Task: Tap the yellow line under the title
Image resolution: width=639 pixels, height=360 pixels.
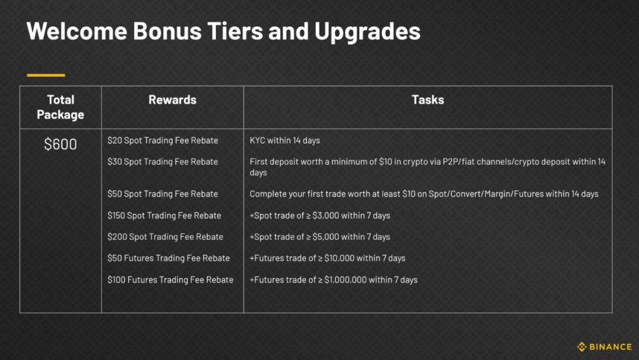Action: pos(46,75)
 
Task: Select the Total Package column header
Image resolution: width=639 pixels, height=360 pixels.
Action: pos(61,107)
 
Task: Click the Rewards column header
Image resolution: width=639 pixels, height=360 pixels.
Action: pos(172,100)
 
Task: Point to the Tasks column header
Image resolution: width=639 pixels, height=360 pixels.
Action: pos(428,100)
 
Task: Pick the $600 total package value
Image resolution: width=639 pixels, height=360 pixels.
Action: pos(61,144)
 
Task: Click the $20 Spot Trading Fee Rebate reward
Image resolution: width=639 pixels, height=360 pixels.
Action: pos(163,140)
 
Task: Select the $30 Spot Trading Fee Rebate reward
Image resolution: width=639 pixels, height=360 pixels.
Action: pos(163,162)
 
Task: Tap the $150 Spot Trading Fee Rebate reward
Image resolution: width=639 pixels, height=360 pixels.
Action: pos(164,215)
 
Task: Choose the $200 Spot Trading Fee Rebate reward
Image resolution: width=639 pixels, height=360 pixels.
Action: pos(165,236)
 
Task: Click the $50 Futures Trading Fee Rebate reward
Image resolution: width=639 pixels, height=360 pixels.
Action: pos(168,258)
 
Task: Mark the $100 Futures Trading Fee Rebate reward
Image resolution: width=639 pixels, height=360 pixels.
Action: pos(170,280)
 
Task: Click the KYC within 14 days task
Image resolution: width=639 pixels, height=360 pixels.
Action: pos(285,140)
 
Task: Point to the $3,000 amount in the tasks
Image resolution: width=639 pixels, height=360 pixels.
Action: pos(325,215)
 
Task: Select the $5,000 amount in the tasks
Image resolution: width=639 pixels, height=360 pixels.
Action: pos(325,236)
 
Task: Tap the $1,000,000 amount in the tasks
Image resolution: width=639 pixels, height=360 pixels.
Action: pos(346,280)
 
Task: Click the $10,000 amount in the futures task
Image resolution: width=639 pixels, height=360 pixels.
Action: pos(339,258)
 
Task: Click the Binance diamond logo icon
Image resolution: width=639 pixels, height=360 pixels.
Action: pos(582,347)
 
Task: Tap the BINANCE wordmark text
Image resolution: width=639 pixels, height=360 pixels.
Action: pos(610,347)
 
